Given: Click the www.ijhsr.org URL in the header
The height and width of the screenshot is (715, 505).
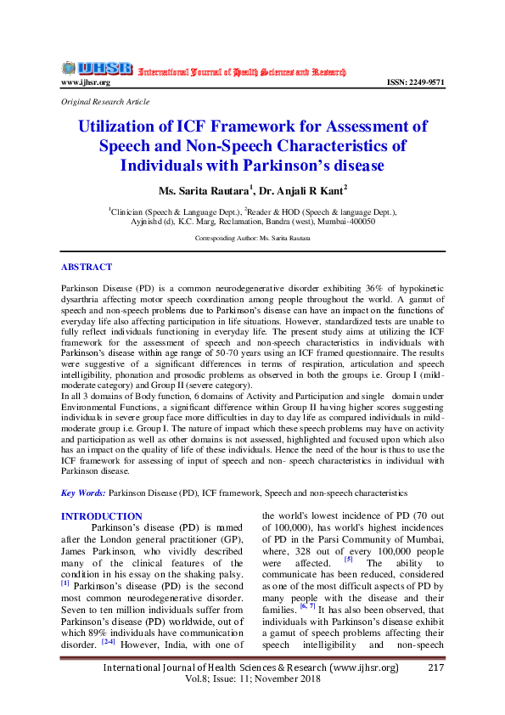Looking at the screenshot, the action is pos(86,82).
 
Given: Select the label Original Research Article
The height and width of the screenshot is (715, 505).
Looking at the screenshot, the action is pos(106,102).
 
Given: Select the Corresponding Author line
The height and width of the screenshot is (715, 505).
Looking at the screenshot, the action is pos(252,239).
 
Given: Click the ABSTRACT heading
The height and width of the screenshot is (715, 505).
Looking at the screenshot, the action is pos(87,267).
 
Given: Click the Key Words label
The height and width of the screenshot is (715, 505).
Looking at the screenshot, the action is pos(83,493).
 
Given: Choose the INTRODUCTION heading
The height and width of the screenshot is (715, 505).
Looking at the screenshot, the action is pos(102,516).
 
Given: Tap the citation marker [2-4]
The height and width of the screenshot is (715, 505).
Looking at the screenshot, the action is pos(109,617).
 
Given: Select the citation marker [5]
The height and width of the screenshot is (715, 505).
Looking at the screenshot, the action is pos(348,559).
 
